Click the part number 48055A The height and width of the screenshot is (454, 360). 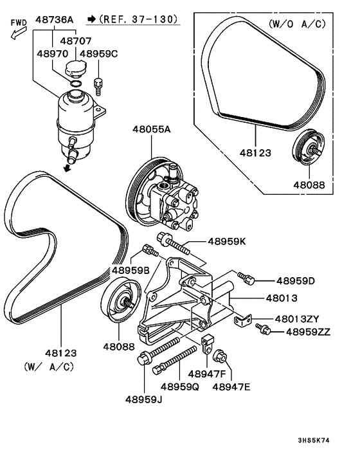pyautogui.click(x=152, y=129)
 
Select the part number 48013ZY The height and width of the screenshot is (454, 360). pyautogui.click(x=297, y=318)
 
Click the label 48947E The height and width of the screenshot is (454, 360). pyautogui.click(x=231, y=387)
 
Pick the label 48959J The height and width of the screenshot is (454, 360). pyautogui.click(x=145, y=399)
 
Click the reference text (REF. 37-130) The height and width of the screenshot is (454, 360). pyautogui.click(x=134, y=20)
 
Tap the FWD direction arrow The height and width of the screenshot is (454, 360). pyautogui.click(x=17, y=29)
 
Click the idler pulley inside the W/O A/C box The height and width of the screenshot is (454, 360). pyautogui.click(x=305, y=149)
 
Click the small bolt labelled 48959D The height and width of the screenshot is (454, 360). pyautogui.click(x=246, y=277)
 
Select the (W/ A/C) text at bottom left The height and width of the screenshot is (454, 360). pyautogui.click(x=50, y=367)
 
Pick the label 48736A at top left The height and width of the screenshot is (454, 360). pyautogui.click(x=54, y=20)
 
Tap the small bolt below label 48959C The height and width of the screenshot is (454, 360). pyautogui.click(x=99, y=85)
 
